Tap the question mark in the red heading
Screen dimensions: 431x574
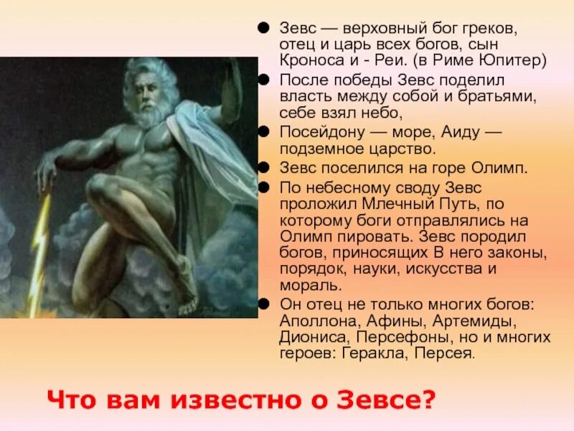[x=430, y=399]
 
